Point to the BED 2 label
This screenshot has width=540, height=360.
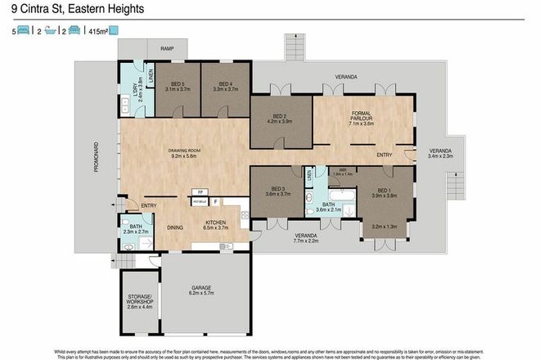(280, 117)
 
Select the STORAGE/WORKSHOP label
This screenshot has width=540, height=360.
(136, 300)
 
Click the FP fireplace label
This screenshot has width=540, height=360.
(200, 192)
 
